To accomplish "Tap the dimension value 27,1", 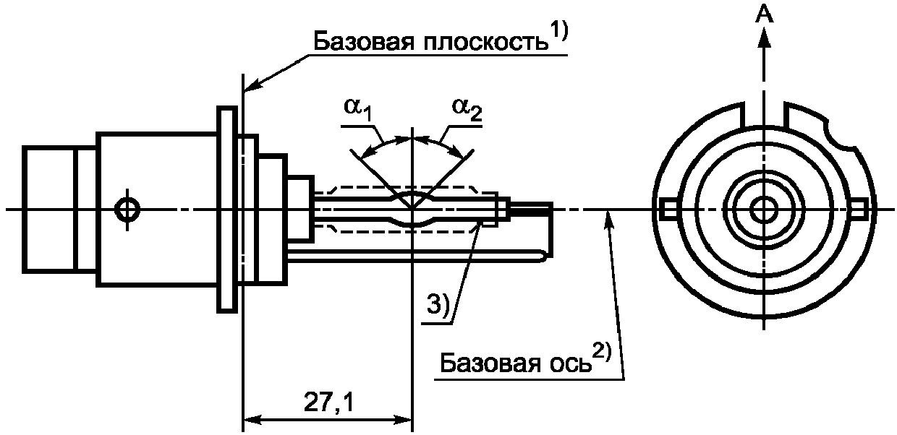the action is (328, 402).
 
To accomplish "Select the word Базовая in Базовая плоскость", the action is (363, 41).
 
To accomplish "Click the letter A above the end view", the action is (765, 15).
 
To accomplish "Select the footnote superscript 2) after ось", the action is (603, 353).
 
